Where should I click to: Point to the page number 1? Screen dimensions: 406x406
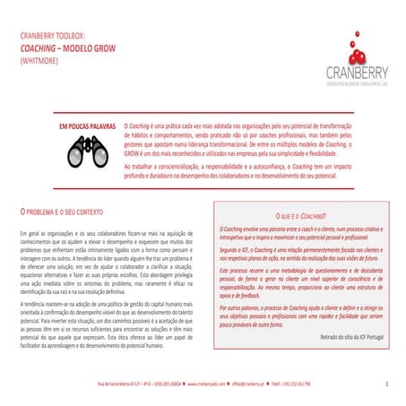385,384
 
